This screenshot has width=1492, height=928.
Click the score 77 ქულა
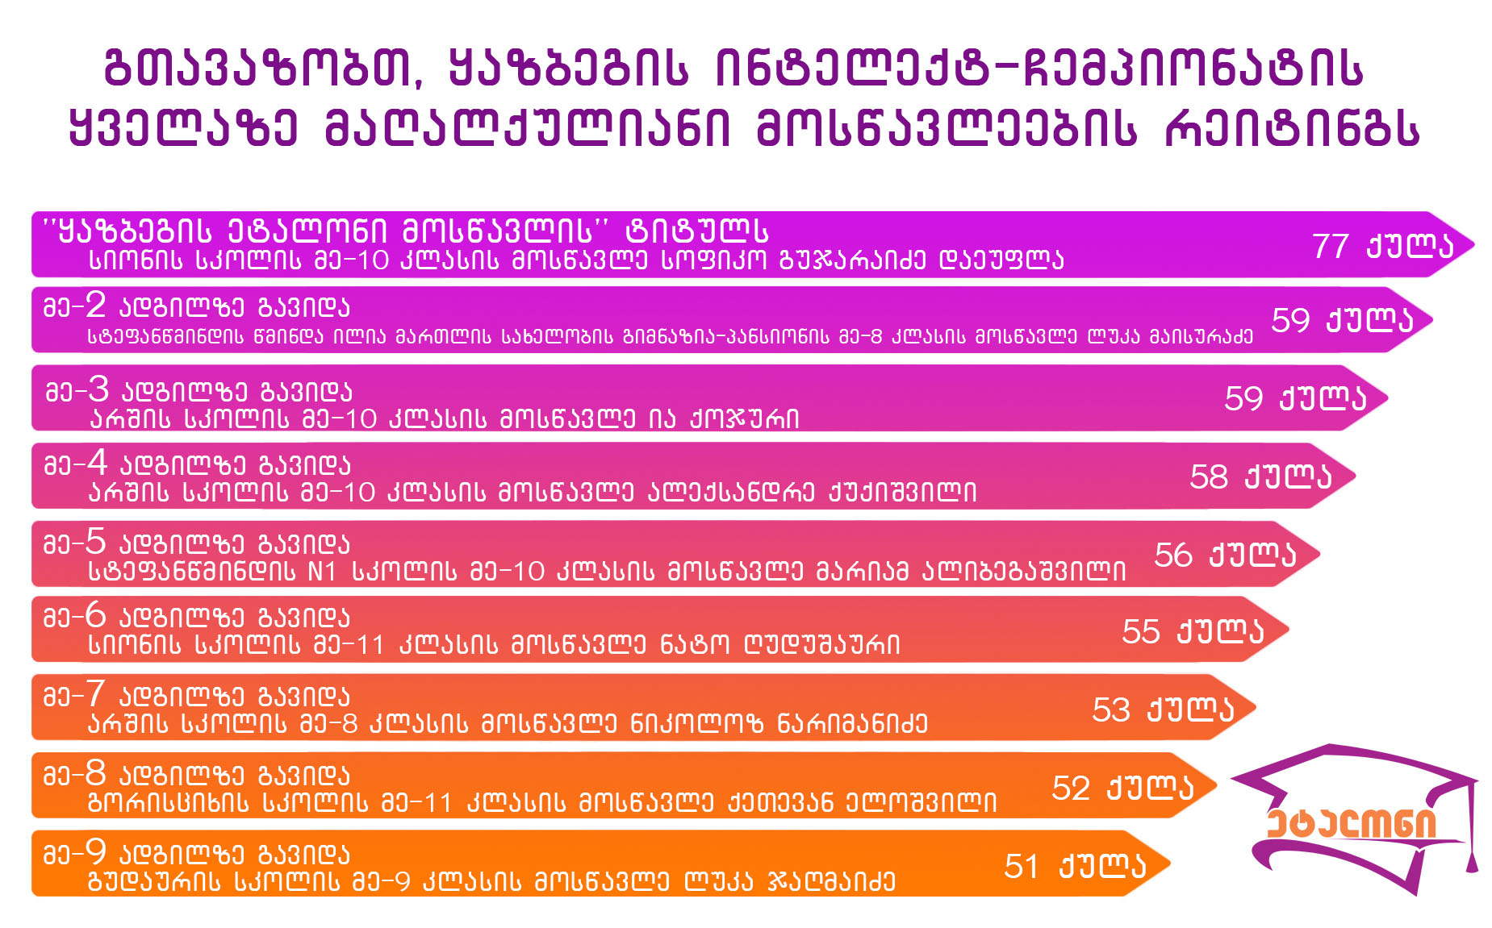point(1382,246)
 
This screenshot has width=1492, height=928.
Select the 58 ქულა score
point(1260,476)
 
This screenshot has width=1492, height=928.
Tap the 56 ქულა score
point(1225,555)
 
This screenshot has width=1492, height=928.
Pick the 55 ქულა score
point(1193,631)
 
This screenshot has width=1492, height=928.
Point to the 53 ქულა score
point(1163,710)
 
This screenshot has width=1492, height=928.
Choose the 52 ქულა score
point(1122,788)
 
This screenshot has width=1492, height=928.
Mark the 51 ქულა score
point(1075,866)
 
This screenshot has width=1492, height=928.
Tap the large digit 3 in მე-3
point(98,389)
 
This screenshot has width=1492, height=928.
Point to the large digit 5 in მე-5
point(95,541)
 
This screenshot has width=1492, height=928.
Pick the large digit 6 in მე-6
point(95,615)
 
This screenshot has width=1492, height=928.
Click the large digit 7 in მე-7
point(95,693)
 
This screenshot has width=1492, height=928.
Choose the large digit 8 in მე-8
point(95,772)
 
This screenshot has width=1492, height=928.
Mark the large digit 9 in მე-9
point(95,851)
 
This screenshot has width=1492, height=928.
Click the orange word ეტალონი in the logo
point(1352,823)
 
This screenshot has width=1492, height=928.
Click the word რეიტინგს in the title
point(1292,128)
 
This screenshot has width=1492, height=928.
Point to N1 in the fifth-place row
point(322,572)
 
